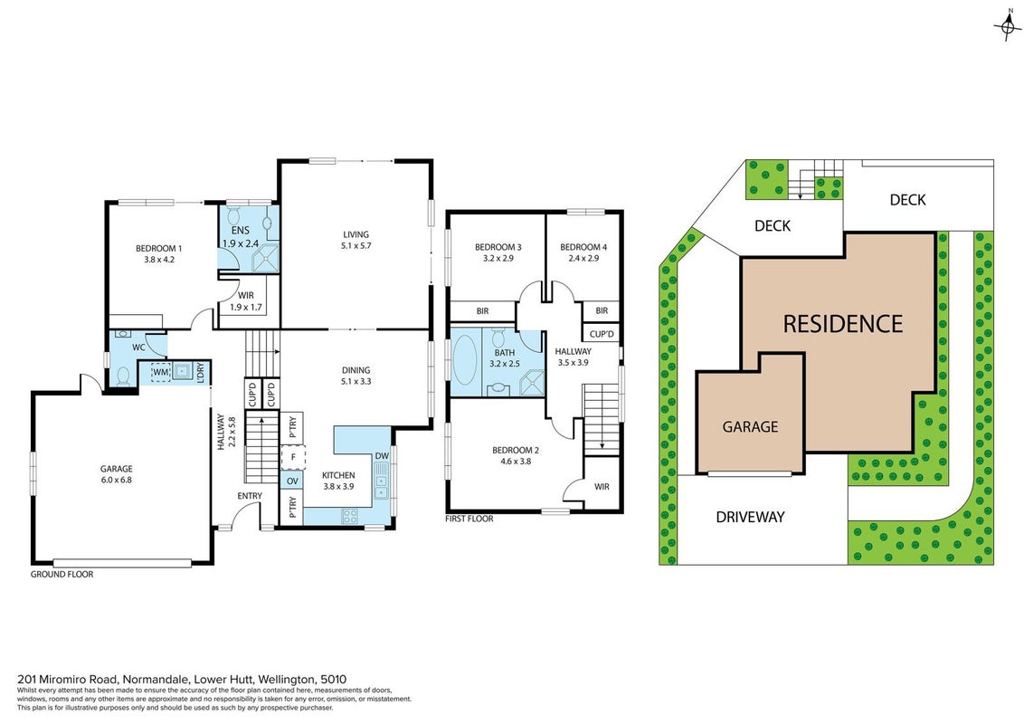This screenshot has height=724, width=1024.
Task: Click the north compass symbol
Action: pos(1009,26)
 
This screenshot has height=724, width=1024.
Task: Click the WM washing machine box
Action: pos(161,373)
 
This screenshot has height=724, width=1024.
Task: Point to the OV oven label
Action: pos(292,481)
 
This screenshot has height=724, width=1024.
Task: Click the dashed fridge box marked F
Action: pos(293,457)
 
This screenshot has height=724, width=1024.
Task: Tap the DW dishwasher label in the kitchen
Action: pos(382,456)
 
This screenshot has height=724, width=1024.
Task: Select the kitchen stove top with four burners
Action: pos(349,516)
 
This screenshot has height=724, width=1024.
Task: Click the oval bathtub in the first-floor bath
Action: pos(465,361)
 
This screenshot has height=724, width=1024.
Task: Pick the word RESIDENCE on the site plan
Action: pos(842,324)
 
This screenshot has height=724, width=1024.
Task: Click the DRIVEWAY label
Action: pos(751,517)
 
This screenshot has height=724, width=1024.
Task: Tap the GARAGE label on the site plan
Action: pos(750,426)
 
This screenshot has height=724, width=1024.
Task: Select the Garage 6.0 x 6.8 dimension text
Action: pos(117,480)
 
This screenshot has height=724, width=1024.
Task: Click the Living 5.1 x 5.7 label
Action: pos(356,240)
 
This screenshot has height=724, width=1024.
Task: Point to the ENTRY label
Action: pos(250,496)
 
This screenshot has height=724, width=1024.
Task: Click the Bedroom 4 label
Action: pos(583,247)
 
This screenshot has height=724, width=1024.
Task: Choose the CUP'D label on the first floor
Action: pos(602,334)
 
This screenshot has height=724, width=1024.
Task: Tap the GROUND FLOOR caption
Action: pos(62,575)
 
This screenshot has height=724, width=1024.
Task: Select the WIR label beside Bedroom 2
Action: pos(602,487)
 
